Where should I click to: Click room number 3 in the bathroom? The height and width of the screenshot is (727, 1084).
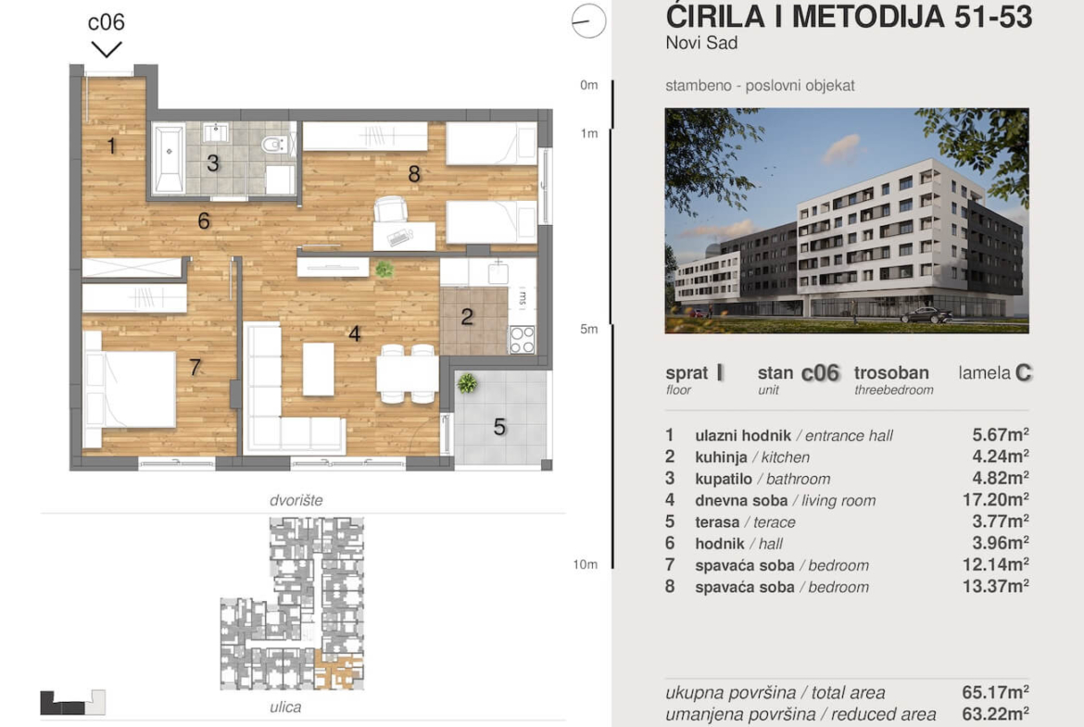213,163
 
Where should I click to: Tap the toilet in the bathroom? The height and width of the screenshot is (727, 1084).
273,144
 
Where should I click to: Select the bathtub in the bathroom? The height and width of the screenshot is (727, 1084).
168,158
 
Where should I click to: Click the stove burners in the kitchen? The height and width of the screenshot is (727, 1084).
522,339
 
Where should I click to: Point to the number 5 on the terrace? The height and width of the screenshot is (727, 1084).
499,427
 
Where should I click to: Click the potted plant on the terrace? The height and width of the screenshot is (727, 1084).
467,382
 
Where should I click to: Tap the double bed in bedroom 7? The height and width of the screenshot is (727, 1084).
130,389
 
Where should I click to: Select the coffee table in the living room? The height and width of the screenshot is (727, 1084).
318,369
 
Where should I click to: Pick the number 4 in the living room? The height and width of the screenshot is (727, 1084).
355,333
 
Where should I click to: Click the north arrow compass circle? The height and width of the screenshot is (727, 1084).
589,20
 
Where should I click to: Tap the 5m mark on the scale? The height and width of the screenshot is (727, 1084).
589,329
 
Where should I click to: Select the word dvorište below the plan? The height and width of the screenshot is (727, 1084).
296,500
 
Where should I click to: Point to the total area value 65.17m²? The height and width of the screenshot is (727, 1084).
995,692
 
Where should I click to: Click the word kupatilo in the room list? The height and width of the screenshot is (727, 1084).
723,479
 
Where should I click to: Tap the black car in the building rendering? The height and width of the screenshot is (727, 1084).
926,316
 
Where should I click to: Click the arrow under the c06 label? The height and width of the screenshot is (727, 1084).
107,49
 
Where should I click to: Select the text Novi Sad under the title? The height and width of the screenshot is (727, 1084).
701,43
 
